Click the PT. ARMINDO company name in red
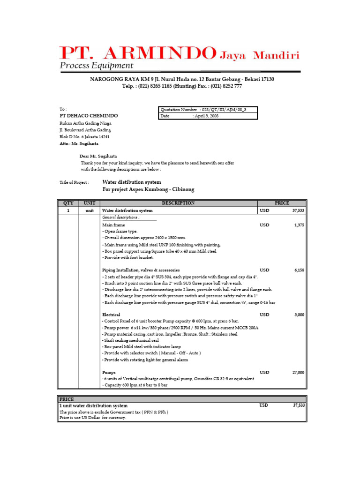pos(137,53)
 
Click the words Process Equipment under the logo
pos(96,66)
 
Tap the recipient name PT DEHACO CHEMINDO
pos(89,116)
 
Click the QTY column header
pos(68,203)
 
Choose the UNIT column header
pos(89,203)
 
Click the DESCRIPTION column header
pos(178,203)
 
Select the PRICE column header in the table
pos(282,203)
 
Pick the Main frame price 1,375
pos(299,225)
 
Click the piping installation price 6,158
pos(299,270)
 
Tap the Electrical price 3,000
pos(299,315)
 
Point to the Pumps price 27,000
pos(298,372)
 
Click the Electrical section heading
pos(111,315)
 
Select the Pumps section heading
pos(109,372)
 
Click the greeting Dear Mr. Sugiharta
pos(98,156)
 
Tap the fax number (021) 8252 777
pos(226,86)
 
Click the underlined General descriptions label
pos(120,217)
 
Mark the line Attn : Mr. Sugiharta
pos(79,144)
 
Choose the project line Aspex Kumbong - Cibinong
pos(148,189)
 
